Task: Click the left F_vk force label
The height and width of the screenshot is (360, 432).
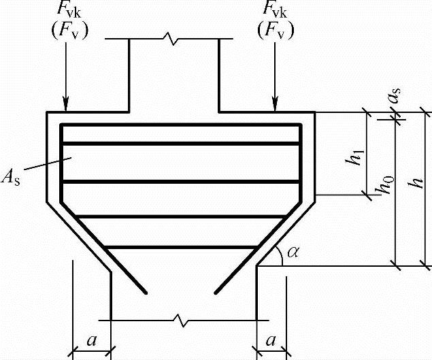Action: pos(66,12)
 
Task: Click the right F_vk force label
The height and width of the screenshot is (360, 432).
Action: pos(276,12)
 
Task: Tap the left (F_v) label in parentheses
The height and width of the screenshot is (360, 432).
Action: pos(66,30)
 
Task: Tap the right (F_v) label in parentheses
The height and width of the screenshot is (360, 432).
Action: pos(276,30)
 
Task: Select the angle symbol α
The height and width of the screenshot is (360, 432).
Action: pos(293,252)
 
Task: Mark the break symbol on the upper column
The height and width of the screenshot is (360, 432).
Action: pos(173,39)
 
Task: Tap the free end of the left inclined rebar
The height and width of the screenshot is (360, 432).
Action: pos(146,293)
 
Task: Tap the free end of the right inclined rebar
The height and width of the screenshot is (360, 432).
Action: pos(216,293)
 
